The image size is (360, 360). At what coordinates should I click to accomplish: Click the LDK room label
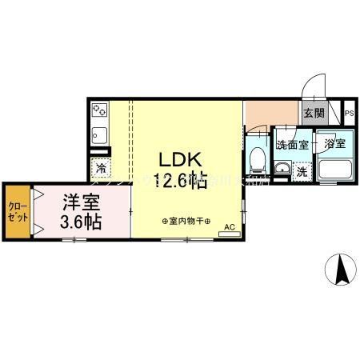pos(182,159)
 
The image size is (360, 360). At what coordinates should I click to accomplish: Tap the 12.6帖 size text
pos(182,181)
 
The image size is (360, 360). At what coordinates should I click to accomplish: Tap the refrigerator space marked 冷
pos(102,168)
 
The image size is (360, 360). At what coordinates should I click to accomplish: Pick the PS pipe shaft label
pos(350,114)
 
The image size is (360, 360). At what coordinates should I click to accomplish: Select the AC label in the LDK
pos(230,226)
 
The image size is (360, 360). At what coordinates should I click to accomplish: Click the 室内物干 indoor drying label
pos(186,221)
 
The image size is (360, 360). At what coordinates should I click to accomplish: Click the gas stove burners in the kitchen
pos(100,110)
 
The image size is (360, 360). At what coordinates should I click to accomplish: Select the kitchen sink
pos(100,133)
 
